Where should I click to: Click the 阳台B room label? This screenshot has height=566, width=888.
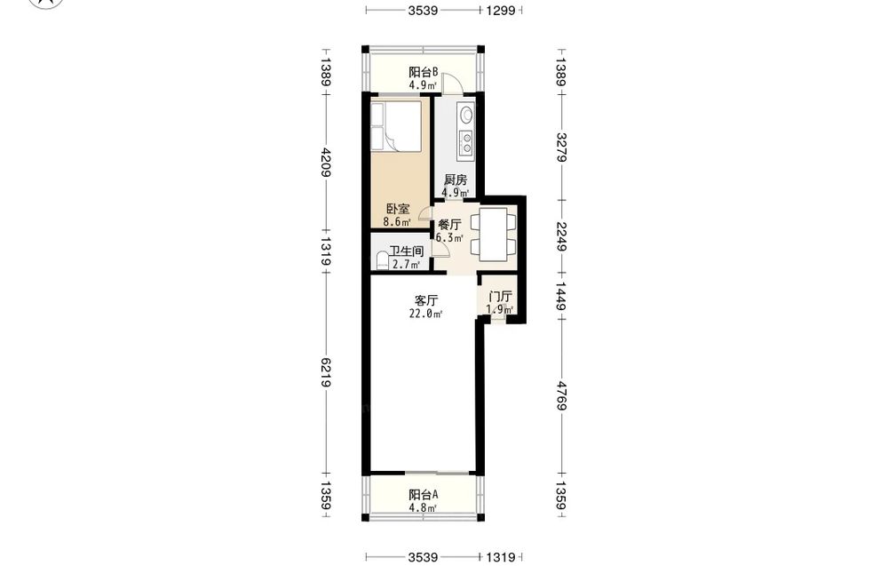[x=424, y=72]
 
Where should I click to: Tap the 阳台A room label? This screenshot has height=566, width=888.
[x=424, y=494]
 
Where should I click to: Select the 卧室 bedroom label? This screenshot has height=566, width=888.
[x=398, y=209]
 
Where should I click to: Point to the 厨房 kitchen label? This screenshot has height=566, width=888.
[x=456, y=180]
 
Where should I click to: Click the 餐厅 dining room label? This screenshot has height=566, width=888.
[x=449, y=225]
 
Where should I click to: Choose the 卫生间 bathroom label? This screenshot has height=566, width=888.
[x=407, y=251]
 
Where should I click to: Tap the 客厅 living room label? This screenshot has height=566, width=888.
[x=426, y=300]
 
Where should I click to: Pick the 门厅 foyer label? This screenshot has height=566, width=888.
[x=501, y=296]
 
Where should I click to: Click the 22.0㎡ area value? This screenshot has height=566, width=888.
[x=426, y=314]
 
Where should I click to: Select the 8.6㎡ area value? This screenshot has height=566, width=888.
[x=397, y=222]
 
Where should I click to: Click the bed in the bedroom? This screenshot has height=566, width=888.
[x=396, y=126]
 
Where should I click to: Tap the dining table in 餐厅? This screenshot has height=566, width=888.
[x=493, y=235]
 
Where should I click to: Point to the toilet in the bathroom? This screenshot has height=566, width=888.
[x=382, y=260]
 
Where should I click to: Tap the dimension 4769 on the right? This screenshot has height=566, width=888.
[x=561, y=395]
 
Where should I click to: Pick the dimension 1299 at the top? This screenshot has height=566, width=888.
[x=501, y=10]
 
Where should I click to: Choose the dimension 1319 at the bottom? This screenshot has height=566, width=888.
[x=501, y=558]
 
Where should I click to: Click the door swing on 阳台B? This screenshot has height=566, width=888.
[x=451, y=83]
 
